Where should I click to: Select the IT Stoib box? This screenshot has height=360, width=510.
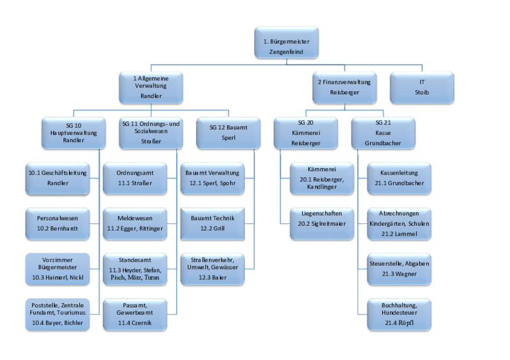(422, 88)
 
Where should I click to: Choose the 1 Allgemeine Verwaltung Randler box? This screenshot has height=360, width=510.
(151, 88)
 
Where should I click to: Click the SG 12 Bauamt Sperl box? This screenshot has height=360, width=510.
(228, 132)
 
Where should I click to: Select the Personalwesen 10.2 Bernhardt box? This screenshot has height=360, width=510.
(58, 223)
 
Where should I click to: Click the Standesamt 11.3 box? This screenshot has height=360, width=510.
(134, 269)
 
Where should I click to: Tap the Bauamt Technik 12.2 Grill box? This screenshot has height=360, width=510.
(212, 223)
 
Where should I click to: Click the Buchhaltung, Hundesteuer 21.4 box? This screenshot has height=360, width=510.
(399, 315)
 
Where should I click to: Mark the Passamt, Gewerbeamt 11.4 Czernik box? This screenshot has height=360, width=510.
(134, 315)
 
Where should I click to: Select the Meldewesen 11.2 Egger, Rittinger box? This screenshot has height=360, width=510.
(134, 223)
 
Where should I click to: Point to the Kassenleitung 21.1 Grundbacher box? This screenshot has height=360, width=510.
(399, 178)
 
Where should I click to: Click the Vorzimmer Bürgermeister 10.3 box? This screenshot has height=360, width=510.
(58, 269)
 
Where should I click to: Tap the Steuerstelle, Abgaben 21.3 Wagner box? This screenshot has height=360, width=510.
(399, 268)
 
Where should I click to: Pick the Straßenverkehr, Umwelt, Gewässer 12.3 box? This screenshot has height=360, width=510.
(212, 269)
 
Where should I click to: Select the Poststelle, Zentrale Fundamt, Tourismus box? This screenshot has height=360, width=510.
(58, 315)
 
